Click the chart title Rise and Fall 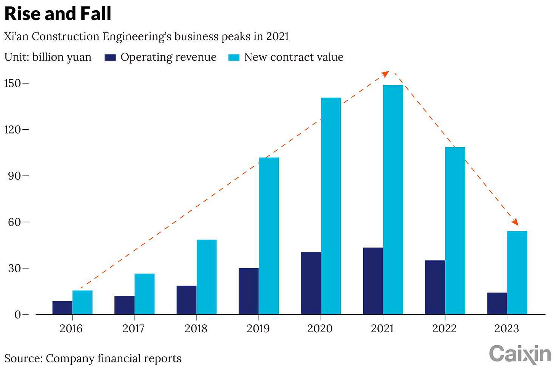58,14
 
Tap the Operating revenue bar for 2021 372,281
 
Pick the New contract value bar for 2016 82,302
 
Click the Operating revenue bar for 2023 497,303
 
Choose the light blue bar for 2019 269,236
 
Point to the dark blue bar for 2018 186,300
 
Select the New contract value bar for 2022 455,230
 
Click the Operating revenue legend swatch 110,58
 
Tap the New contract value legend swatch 234,58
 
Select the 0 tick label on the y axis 18,315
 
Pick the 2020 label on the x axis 320,328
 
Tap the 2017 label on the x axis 133,328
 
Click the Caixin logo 520,354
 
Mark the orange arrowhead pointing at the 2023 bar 515,222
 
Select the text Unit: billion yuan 48,57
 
